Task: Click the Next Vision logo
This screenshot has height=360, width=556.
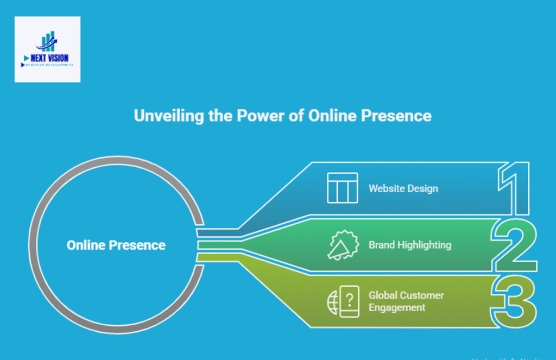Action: [x=47, y=49]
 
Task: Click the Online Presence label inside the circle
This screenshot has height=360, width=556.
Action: [x=116, y=245]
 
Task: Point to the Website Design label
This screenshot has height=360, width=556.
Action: [x=403, y=188]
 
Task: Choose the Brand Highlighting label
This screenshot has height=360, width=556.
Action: [x=409, y=245]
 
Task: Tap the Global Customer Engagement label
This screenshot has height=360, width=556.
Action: [x=406, y=301]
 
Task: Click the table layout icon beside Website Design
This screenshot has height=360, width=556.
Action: [x=342, y=188]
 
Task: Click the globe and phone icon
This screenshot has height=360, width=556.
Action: [x=343, y=301]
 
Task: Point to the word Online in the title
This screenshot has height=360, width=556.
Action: [x=331, y=116]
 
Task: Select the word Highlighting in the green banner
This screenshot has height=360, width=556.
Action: [x=424, y=245]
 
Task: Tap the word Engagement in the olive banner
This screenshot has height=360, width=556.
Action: [x=397, y=307]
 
